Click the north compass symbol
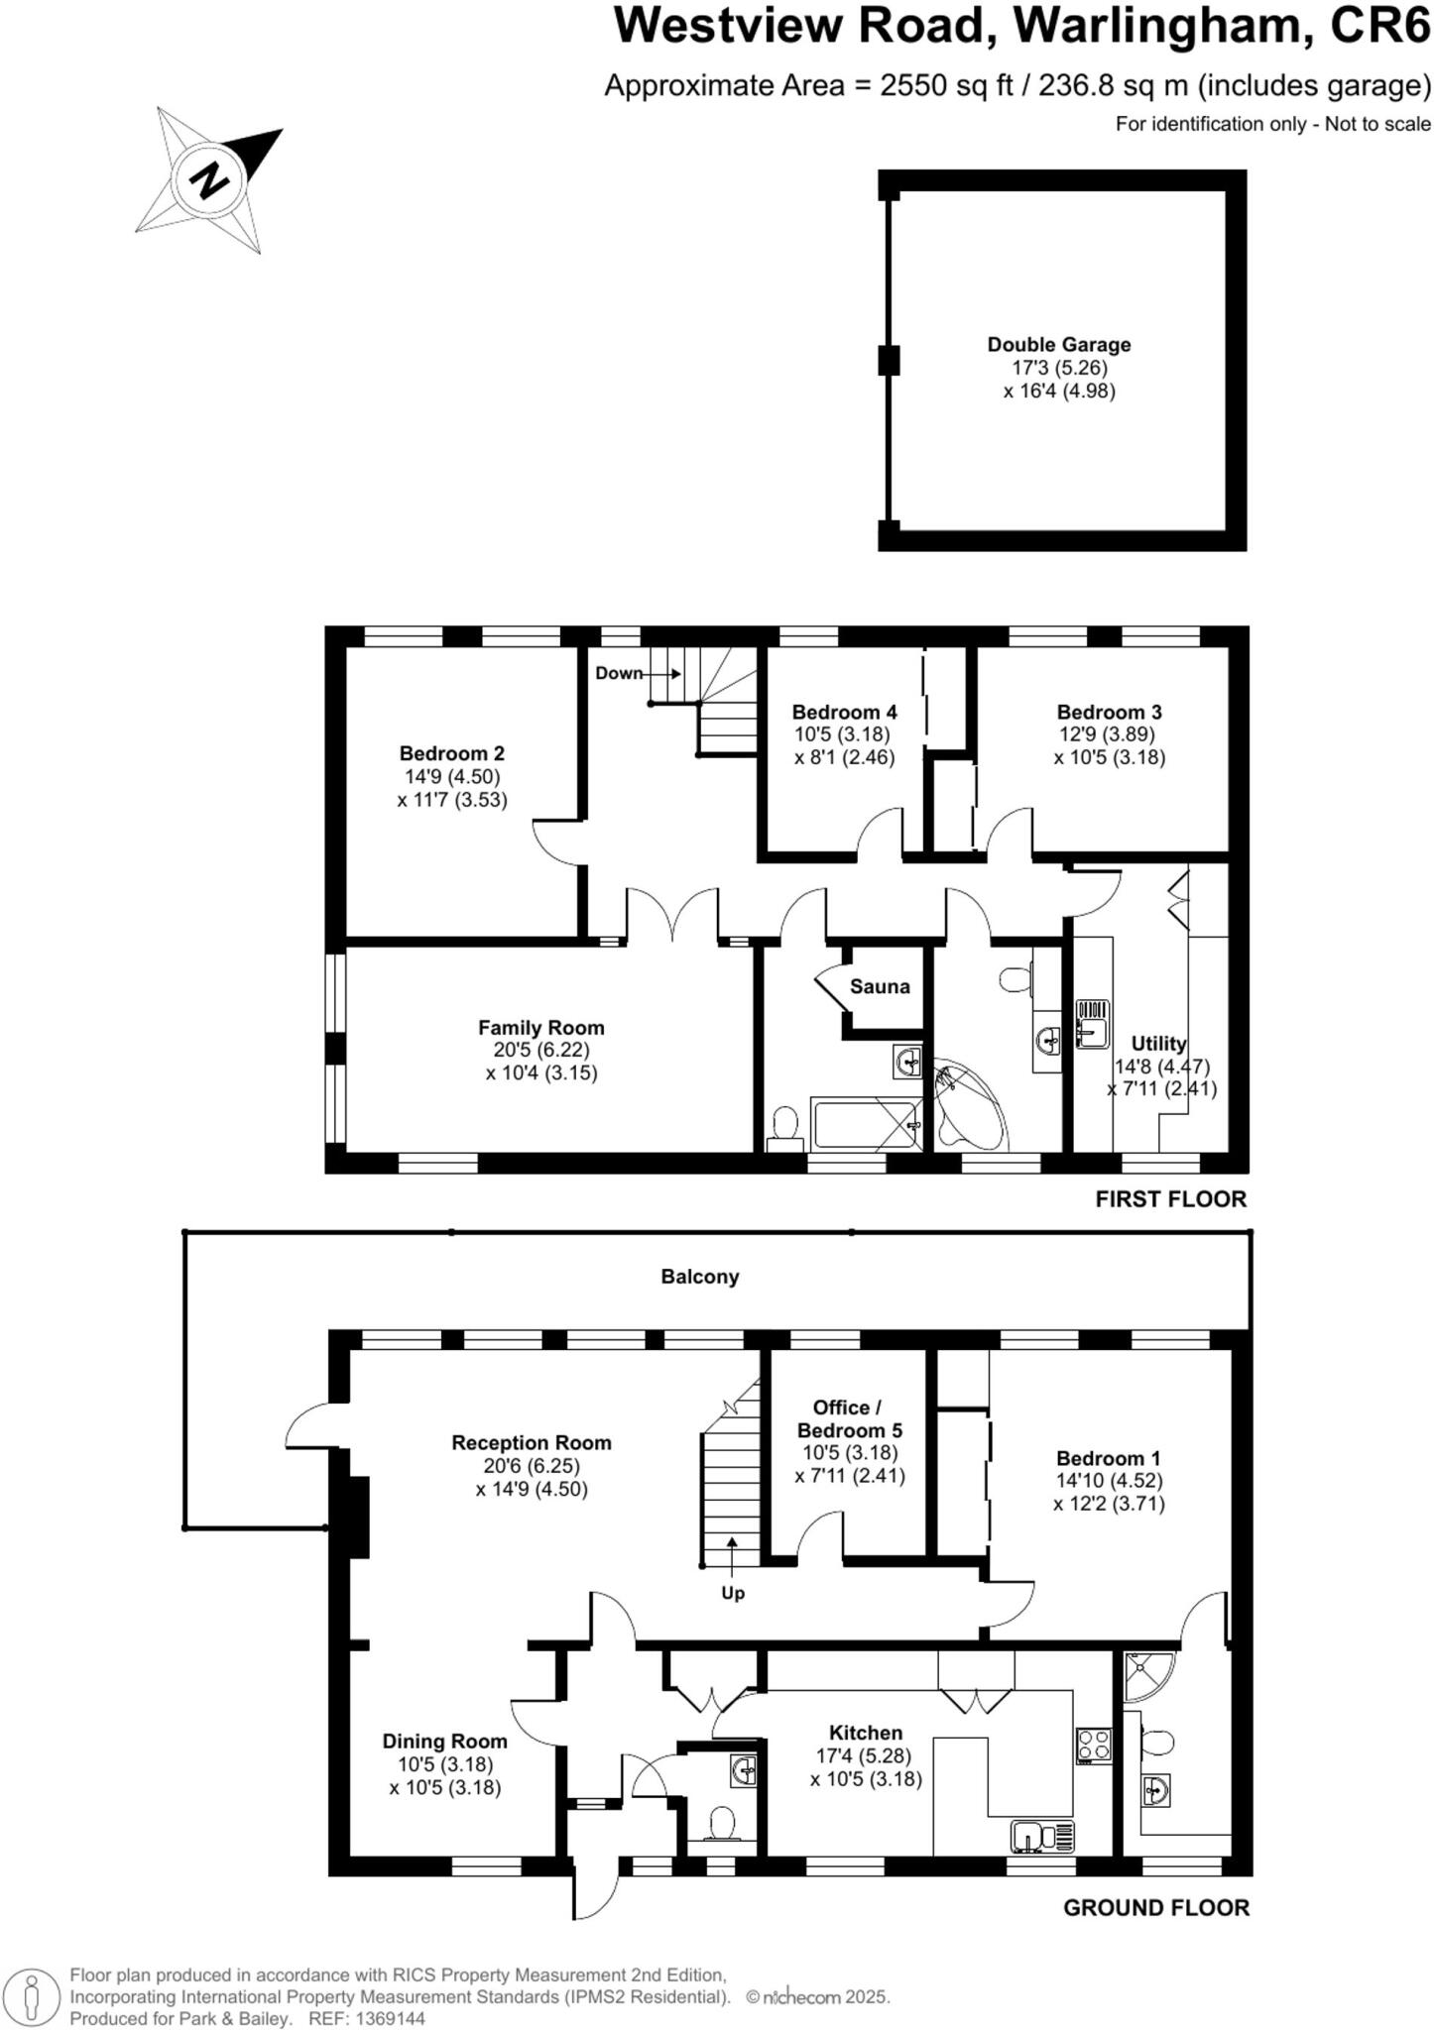(210, 180)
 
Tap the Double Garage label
(1058, 345)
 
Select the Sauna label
(879, 986)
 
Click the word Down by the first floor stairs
(619, 673)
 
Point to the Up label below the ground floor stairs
(732, 1593)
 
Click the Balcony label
(699, 1277)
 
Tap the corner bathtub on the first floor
(967, 1105)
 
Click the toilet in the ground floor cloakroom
(722, 1822)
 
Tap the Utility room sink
(1092, 1024)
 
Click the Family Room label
(540, 1028)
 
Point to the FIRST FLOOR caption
(1170, 1199)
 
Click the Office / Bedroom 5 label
(849, 1418)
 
